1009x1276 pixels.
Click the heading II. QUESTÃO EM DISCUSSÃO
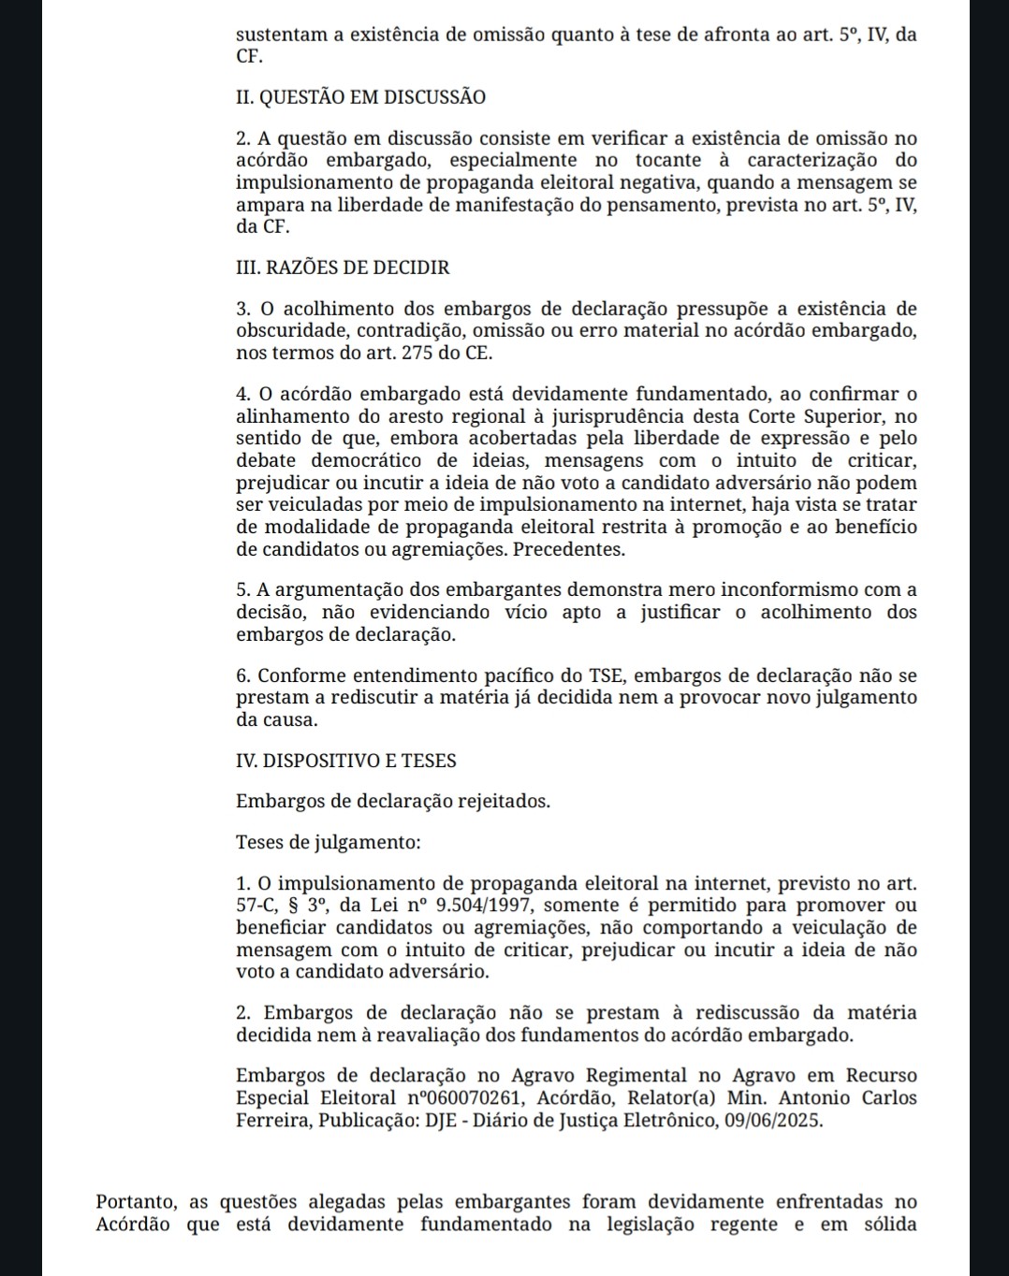[x=360, y=96]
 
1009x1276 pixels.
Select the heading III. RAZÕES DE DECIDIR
[x=343, y=268]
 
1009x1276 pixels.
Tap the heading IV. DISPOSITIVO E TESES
[x=346, y=761]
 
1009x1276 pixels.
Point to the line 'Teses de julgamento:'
[x=328, y=842]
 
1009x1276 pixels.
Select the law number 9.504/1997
[x=484, y=906]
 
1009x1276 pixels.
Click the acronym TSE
[x=610, y=676]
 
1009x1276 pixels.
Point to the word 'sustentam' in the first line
[x=280, y=36]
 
